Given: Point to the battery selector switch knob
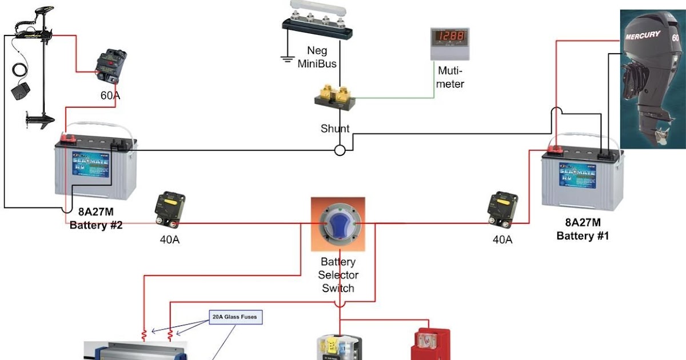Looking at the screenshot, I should pos(338,224).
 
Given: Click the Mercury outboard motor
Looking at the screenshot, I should pos(652,74).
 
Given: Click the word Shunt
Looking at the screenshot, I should pos(335,129).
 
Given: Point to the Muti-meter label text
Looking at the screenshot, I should pos(450,77).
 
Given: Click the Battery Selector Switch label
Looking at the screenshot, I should pos(338,275).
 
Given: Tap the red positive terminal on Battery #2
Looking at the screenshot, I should pos(69,138).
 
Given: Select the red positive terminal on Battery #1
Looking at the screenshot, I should pos(555,149).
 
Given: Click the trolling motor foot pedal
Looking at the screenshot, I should pos(19,91).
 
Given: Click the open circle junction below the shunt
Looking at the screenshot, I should pos(340,151).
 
